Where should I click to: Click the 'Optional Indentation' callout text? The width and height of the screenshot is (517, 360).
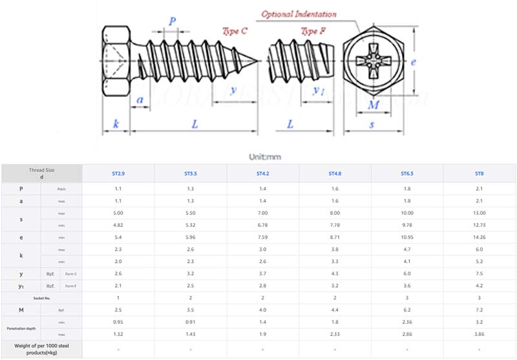click(x=299, y=14)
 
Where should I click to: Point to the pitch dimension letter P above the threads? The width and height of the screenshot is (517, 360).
click(x=173, y=21)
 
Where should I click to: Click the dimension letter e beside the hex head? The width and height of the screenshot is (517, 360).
click(x=413, y=63)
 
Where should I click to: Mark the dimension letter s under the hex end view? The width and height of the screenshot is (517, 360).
click(x=372, y=124)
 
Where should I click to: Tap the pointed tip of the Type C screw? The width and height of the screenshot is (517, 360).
click(x=257, y=61)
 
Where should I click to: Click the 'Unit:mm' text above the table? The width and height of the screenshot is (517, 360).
click(x=264, y=156)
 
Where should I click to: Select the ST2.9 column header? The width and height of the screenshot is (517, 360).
click(x=118, y=173)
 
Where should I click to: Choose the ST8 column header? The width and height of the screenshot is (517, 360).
click(x=479, y=173)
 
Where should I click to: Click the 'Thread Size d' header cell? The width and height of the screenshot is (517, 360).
click(x=41, y=173)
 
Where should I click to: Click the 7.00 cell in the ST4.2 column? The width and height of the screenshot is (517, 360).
click(x=262, y=213)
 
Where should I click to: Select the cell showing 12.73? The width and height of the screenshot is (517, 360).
click(x=479, y=226)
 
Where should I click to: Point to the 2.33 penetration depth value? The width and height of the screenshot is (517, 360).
click(x=334, y=333)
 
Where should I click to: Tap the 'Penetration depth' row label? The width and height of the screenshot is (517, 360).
click(x=21, y=327)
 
